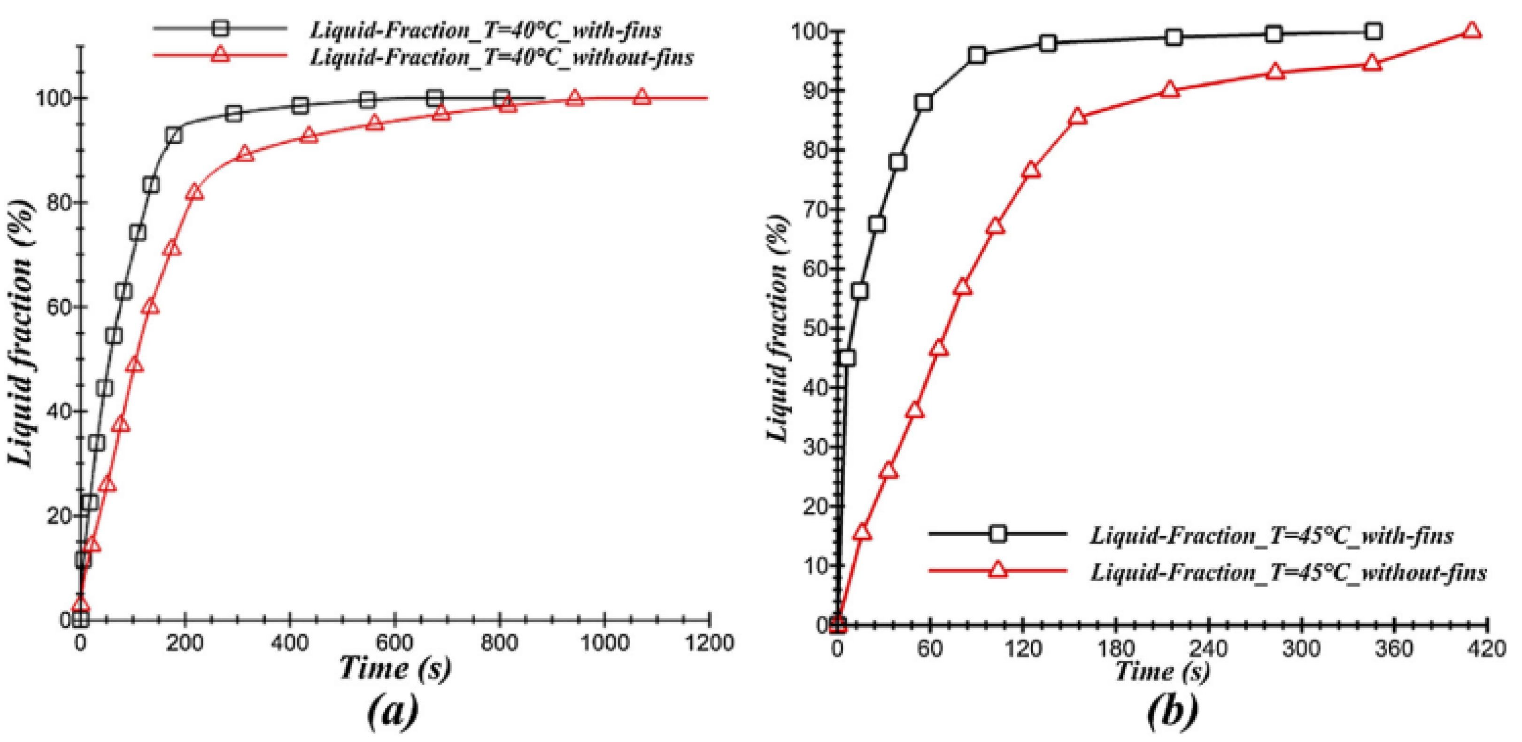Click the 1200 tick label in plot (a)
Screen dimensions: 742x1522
(709, 643)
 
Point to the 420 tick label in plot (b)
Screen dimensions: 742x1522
(1486, 648)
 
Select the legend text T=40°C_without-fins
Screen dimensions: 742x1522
(502, 57)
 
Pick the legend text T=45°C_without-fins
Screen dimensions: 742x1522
(1288, 572)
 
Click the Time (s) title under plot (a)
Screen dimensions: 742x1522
(394, 669)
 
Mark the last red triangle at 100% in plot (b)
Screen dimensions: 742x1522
(1472, 31)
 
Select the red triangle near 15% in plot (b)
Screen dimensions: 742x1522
(862, 532)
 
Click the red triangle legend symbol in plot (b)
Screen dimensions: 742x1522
(997, 570)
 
